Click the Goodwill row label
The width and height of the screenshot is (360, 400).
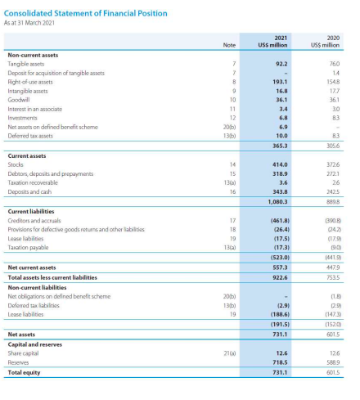point(20,100)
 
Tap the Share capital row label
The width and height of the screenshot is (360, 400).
point(25,353)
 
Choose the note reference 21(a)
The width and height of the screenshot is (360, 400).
point(229,353)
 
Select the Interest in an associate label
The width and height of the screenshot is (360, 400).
point(34,109)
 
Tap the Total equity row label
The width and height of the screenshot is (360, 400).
point(25,372)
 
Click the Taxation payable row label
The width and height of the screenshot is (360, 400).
point(27,247)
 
